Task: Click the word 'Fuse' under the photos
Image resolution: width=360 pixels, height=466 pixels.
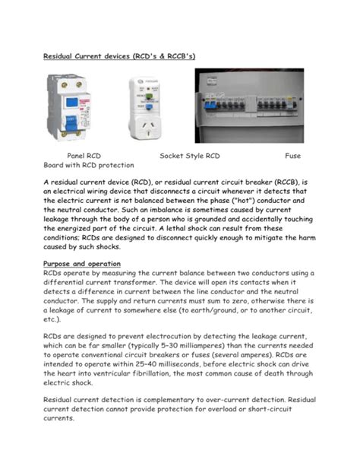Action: pos(292,155)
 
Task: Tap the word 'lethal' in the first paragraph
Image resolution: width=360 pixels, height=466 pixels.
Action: pos(197,229)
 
